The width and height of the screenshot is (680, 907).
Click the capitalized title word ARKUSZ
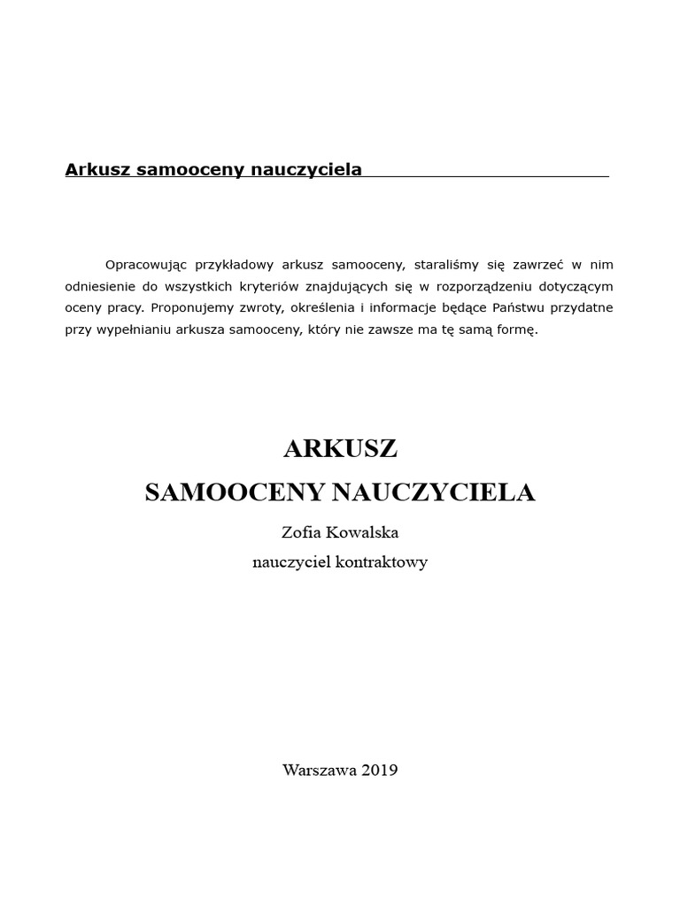click(x=340, y=449)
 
